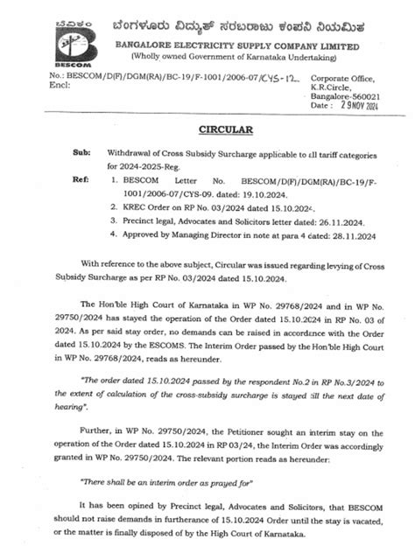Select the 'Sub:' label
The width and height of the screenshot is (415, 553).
point(81,153)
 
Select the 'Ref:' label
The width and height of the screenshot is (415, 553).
point(81,177)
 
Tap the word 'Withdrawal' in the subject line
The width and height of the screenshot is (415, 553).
point(132,153)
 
